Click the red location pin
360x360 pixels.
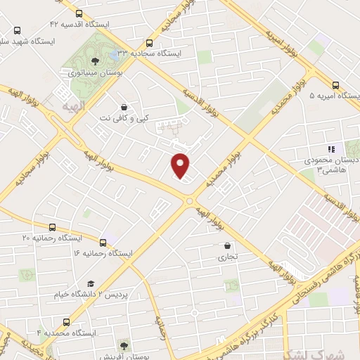tap(181, 166)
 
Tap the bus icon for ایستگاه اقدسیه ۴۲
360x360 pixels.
tap(77, 13)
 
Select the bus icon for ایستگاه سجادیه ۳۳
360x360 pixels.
tap(148, 43)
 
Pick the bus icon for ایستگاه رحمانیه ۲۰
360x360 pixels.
tap(53, 227)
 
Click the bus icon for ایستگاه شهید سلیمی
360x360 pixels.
tap(17, 31)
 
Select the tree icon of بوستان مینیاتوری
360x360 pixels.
tap(95, 61)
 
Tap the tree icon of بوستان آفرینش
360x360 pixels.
tap(124, 345)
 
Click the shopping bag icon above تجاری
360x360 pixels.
tap(228, 246)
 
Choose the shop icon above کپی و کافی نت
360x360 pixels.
tap(124, 107)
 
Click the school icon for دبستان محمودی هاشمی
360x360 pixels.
tap(331, 149)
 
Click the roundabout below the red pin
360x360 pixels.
tap(190, 202)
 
